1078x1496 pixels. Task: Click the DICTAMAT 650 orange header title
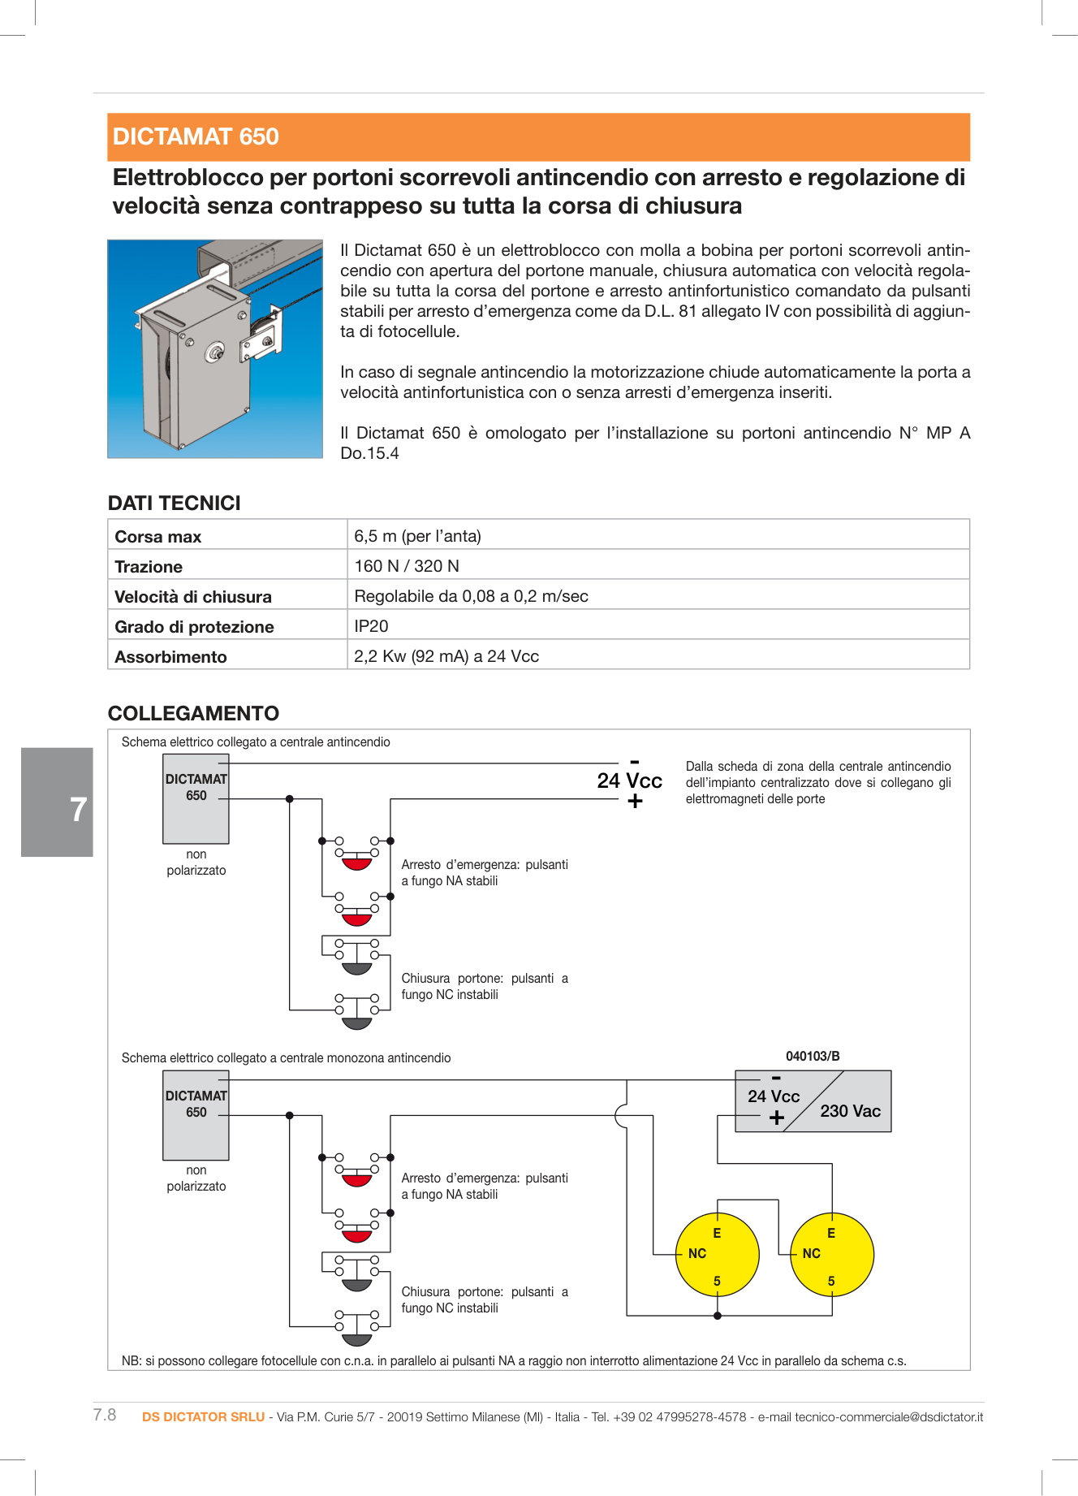click(196, 136)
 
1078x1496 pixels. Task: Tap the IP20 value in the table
click(371, 626)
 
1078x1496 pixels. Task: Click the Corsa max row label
click(158, 537)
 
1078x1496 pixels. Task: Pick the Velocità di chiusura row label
click(193, 597)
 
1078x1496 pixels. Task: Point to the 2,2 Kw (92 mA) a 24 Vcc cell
click(446, 656)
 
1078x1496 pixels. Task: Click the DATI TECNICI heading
click(175, 504)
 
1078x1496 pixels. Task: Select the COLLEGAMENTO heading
click(193, 714)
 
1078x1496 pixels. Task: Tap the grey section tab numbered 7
click(58, 802)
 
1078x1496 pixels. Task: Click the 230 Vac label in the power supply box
click(850, 1111)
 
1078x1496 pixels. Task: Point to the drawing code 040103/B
click(813, 1057)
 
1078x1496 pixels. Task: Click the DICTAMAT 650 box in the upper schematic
click(196, 798)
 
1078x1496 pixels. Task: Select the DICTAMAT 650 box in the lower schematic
click(196, 1114)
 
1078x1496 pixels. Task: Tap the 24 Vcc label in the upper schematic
click(629, 780)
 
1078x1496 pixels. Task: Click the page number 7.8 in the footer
click(105, 1416)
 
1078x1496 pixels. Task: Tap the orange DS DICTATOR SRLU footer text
click(203, 1417)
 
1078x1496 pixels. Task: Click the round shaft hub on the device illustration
click(215, 352)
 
